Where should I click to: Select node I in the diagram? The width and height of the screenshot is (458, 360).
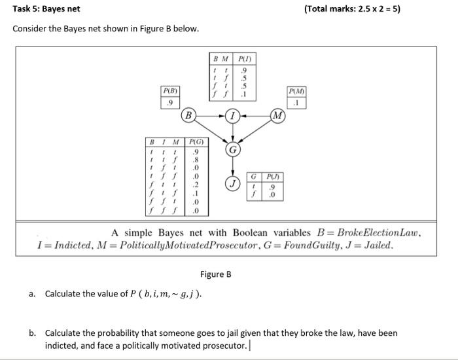tap(233, 117)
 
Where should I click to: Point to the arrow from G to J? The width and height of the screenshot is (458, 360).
tap(233, 167)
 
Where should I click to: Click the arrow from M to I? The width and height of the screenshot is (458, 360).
tap(256, 117)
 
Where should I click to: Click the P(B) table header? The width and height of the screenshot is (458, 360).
tap(170, 90)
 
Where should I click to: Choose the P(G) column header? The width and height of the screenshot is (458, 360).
tap(196, 141)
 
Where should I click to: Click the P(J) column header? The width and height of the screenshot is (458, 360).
tap(271, 177)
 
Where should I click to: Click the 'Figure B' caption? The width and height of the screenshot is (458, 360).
tap(215, 274)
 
